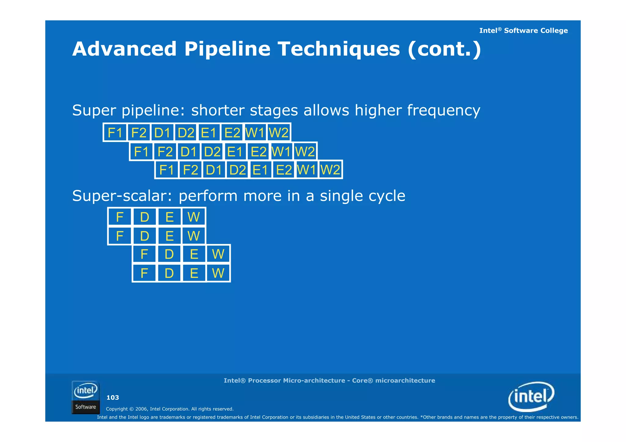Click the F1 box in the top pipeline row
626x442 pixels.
pos(115,133)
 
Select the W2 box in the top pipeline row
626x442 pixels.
pos(278,133)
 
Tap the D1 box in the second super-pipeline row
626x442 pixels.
pos(188,152)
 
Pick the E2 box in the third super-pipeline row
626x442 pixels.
pos(284,170)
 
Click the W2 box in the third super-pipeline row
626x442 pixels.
pos(330,170)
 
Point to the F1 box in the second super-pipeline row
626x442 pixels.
pos(141,152)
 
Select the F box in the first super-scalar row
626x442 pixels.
pos(120,217)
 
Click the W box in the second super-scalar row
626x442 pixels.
pos(193,236)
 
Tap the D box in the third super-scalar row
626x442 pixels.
pos(169,254)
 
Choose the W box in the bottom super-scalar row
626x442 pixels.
pos(218,273)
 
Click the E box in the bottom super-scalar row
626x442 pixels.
pos(194,273)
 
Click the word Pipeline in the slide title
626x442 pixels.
pos(227,49)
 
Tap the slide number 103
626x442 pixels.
pos(112,397)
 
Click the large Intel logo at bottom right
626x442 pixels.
pos(531,396)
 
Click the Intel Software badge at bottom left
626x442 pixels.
pos(86,397)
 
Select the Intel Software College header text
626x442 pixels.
pos(523,31)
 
